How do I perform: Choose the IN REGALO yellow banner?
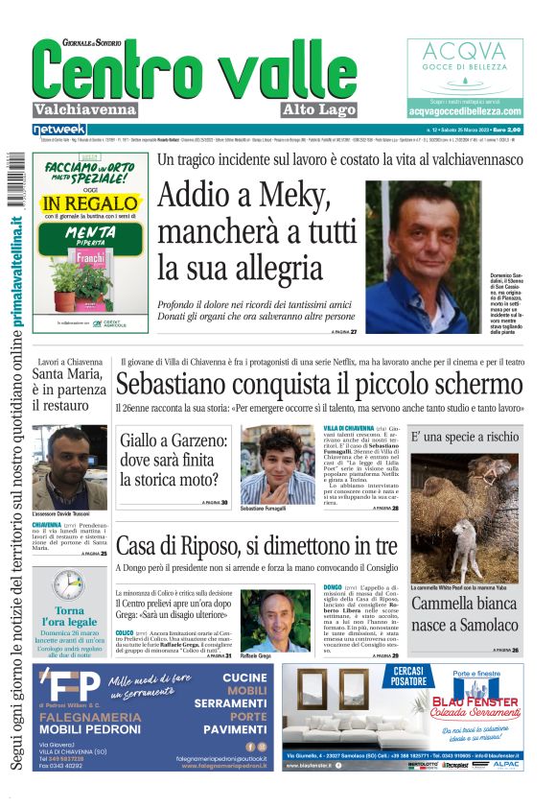(x=90, y=203)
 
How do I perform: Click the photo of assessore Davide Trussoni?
(x=69, y=466)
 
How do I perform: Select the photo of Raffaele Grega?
(x=277, y=620)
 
